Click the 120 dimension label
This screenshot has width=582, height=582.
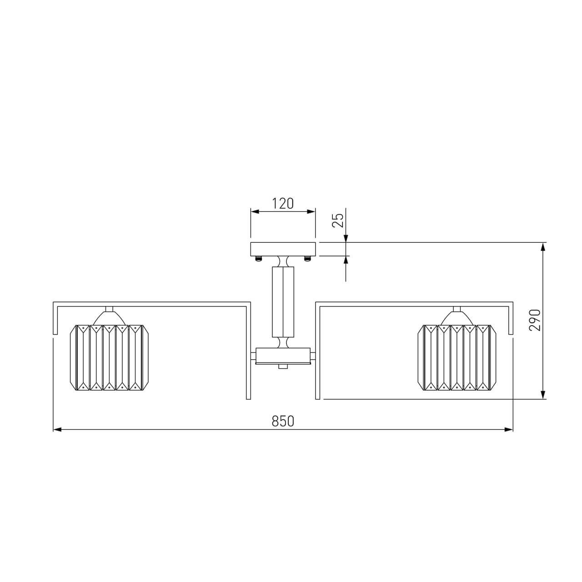point(283,204)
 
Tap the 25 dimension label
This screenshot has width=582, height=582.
point(338,220)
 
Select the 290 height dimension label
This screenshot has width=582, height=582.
point(535,320)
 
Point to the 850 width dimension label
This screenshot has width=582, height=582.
point(283,421)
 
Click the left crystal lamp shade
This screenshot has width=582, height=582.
point(109,357)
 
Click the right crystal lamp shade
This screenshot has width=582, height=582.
point(457,357)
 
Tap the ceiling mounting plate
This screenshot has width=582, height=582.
point(283,249)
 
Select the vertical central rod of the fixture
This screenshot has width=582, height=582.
point(283,302)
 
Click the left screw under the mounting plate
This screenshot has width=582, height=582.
point(259,259)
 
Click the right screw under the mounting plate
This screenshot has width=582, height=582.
point(307,259)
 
